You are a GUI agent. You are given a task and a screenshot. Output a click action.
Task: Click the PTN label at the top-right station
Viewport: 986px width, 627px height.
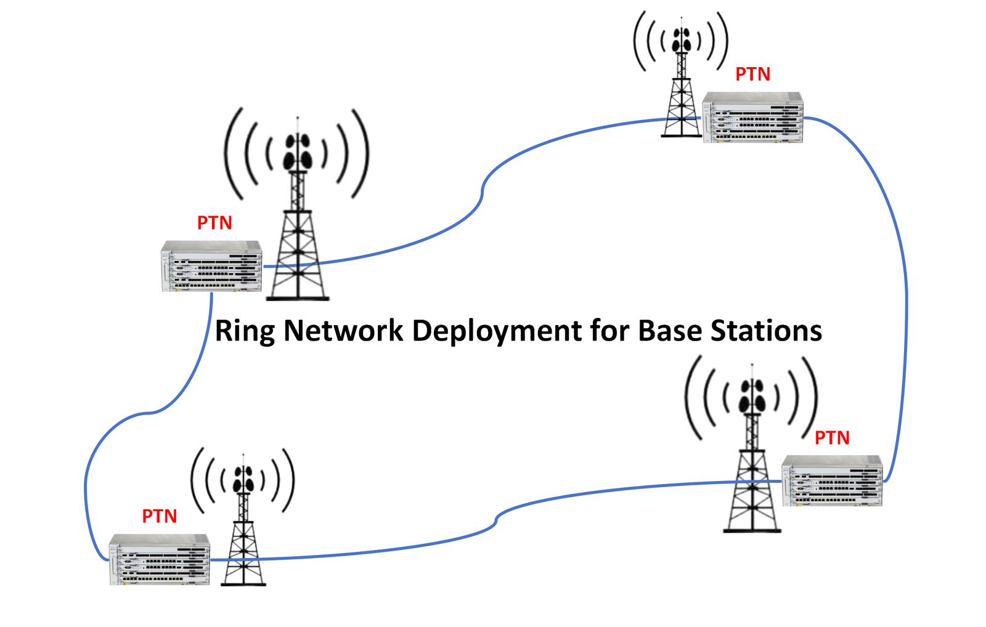point(752,75)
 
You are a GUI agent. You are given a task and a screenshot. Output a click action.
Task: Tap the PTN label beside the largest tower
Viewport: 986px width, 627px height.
point(214,223)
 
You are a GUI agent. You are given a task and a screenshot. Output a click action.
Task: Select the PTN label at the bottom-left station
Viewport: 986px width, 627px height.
point(160,516)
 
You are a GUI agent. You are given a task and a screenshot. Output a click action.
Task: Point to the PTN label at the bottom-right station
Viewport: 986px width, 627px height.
point(832,438)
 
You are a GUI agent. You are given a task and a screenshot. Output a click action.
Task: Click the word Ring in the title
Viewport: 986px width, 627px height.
point(245,331)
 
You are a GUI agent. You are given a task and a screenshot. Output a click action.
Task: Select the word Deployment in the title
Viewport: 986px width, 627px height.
point(497,331)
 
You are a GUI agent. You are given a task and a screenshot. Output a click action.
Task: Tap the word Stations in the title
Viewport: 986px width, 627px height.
point(766,331)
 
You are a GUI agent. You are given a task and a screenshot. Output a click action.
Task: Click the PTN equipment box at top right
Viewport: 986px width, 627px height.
point(752,118)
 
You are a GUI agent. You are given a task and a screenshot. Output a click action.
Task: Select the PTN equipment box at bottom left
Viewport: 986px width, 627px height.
point(160,559)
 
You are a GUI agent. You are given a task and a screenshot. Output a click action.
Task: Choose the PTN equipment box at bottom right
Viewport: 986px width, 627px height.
point(832,481)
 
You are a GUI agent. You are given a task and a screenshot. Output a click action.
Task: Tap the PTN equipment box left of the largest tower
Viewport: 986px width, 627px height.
point(211,266)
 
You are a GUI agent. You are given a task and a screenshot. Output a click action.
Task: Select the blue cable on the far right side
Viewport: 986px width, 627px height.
point(906,296)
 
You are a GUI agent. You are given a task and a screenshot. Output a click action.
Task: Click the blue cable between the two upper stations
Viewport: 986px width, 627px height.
point(482,191)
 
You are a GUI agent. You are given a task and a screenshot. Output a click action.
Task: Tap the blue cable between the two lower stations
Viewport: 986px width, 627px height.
point(495,522)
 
